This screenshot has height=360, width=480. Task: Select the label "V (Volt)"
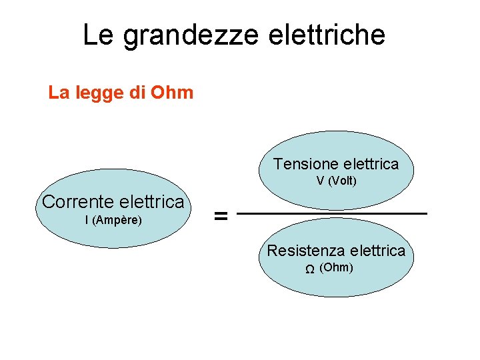click(337, 181)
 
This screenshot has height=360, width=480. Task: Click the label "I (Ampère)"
click(113, 219)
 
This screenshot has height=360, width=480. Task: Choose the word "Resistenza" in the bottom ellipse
click(305, 251)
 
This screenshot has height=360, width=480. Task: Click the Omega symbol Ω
click(310, 270)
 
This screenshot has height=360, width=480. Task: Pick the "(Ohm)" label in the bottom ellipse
click(336, 268)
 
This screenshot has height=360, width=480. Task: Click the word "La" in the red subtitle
click(57, 92)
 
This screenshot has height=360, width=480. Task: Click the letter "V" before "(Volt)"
click(321, 181)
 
